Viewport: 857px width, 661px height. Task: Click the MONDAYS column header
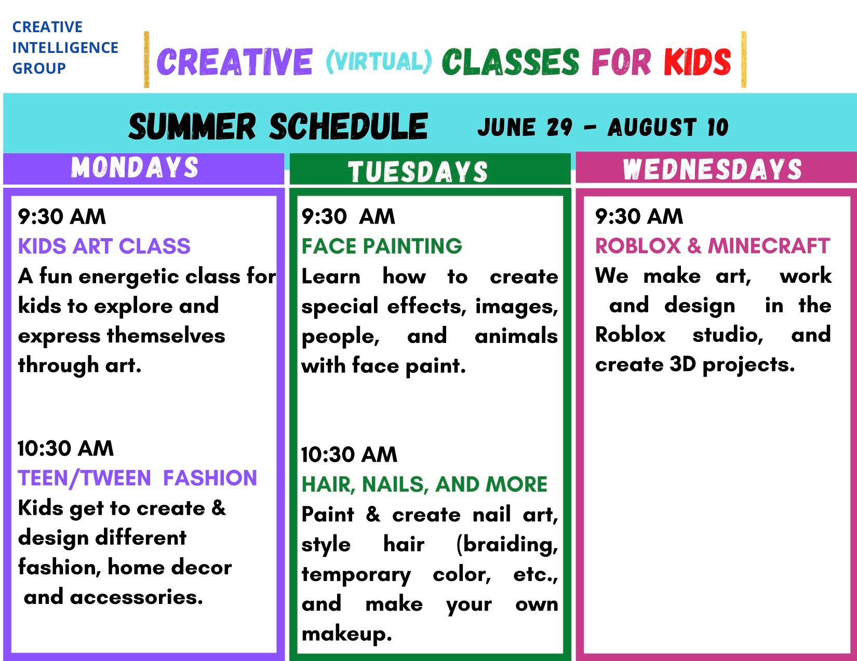click(135, 168)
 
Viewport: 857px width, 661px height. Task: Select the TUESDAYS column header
click(418, 172)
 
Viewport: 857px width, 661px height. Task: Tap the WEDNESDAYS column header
click(712, 169)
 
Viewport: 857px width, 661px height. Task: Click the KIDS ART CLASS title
click(104, 246)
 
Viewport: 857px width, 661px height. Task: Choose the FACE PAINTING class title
click(382, 246)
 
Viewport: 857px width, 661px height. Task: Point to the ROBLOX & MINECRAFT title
click(713, 246)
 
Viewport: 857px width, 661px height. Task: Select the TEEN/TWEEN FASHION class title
click(137, 478)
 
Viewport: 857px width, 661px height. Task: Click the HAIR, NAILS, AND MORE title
click(424, 484)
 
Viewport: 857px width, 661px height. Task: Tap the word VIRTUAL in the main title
click(379, 62)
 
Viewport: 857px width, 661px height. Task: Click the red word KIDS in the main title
click(697, 62)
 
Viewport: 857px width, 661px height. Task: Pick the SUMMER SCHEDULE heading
click(278, 127)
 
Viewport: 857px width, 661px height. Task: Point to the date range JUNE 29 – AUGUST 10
click(603, 127)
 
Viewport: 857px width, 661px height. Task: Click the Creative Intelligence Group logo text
click(65, 48)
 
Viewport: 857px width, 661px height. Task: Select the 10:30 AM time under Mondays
click(66, 448)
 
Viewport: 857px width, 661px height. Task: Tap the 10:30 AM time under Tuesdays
click(350, 455)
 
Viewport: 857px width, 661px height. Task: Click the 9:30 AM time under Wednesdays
click(639, 216)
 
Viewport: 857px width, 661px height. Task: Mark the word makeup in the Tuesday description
click(346, 635)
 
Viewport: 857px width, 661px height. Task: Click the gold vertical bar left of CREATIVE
click(146, 60)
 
